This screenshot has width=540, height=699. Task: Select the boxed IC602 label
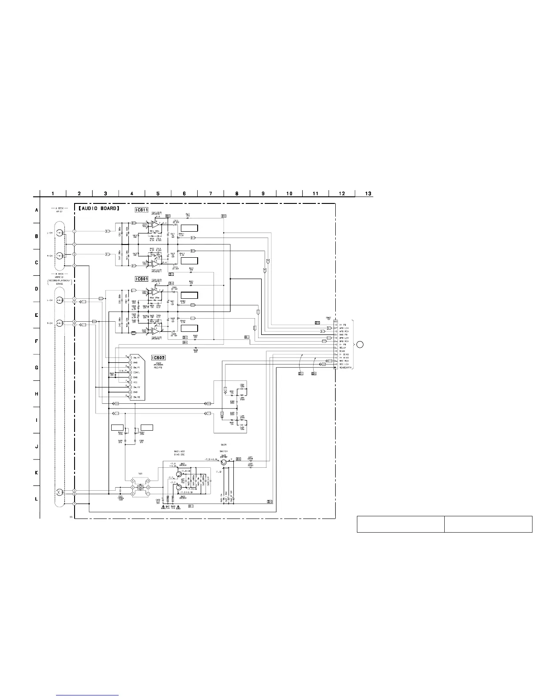[157, 358]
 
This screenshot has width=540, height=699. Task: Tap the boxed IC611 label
[142, 210]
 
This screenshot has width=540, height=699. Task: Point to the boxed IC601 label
[142, 279]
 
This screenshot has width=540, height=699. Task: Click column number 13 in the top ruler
[368, 193]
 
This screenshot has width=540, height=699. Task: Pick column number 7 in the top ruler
[210, 193]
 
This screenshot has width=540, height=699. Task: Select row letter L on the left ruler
[37, 499]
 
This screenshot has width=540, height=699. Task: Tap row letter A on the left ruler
[37, 210]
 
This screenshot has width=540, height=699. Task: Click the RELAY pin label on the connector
[342, 348]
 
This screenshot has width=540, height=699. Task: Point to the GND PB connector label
[343, 334]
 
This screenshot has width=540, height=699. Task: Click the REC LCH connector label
[344, 364]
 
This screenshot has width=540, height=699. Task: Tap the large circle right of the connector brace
[360, 345]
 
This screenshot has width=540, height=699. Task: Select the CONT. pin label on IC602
[137, 372]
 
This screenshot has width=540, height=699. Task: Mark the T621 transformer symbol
[140, 487]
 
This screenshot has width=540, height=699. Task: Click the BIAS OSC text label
[180, 454]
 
